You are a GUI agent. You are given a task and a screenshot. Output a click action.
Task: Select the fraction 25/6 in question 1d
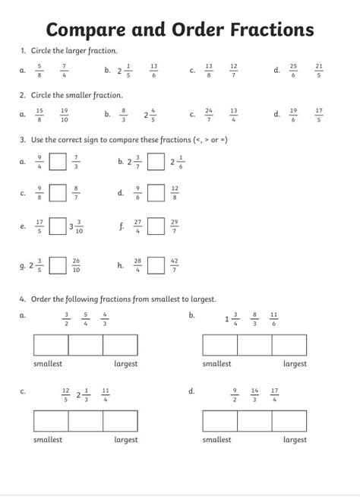[x=293, y=71]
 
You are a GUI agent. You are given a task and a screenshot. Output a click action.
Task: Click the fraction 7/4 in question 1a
[x=65, y=71]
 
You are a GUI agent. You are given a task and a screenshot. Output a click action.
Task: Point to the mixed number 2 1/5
[x=125, y=71]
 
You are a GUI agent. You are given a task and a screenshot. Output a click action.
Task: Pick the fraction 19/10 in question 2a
[x=65, y=115]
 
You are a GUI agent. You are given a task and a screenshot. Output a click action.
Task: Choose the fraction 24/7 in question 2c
[x=209, y=115]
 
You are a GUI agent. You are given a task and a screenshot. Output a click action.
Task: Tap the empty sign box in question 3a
[x=57, y=161]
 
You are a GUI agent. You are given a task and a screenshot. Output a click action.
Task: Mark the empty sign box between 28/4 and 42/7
[x=156, y=266]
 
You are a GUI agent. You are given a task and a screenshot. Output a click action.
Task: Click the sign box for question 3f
[x=156, y=226]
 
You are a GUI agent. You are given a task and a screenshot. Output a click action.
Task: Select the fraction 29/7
[x=175, y=226]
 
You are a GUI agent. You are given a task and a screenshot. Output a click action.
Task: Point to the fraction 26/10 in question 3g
[x=76, y=266]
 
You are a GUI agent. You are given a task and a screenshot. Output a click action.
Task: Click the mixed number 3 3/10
[x=76, y=226]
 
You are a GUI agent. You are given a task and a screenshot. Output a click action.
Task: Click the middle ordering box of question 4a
[x=85, y=345]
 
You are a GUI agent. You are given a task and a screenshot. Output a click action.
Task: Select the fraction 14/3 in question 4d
[x=255, y=394]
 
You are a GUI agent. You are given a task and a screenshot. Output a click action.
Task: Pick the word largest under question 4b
[x=295, y=364]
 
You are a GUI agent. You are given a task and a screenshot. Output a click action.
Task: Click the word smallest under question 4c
[x=48, y=440]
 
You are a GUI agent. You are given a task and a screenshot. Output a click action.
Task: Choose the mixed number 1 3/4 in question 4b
[x=232, y=319]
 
